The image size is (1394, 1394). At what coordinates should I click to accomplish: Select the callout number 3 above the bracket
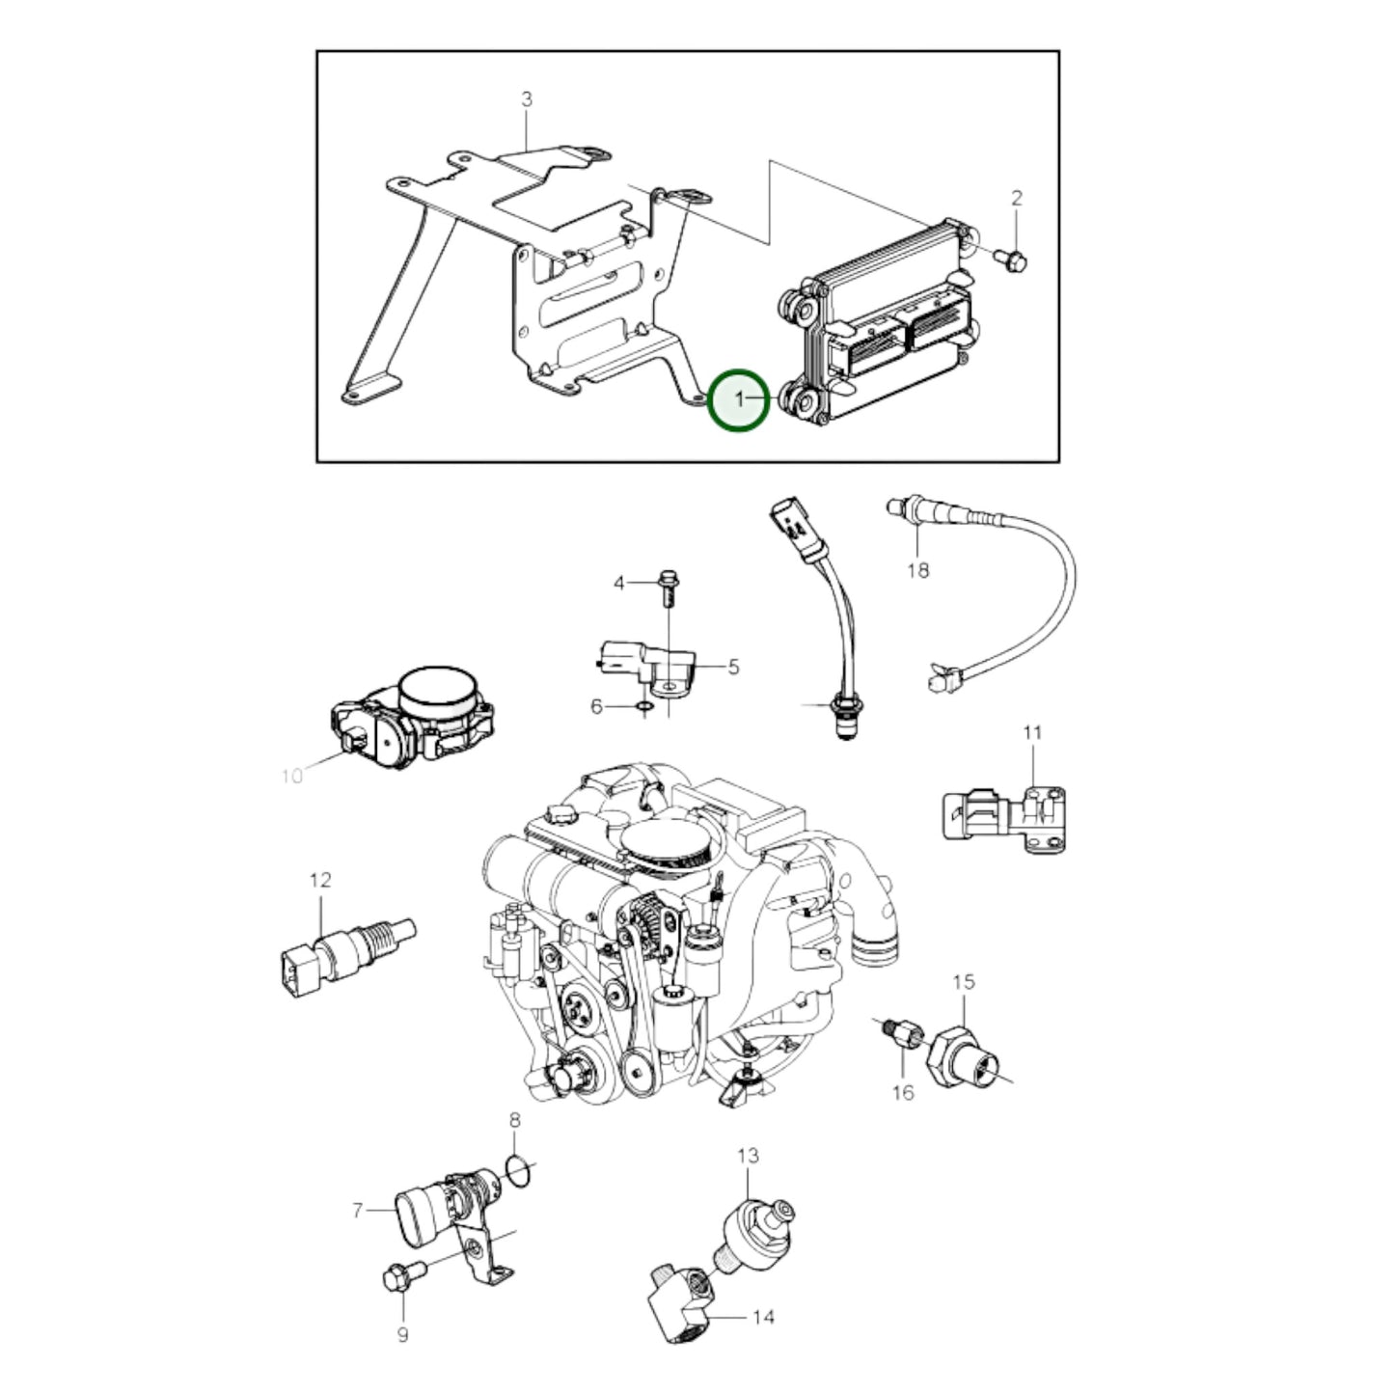[527, 98]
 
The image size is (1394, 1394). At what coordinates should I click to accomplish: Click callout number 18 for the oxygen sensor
[918, 570]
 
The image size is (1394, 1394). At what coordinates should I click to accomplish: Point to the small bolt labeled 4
[668, 589]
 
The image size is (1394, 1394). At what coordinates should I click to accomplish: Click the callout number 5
[733, 667]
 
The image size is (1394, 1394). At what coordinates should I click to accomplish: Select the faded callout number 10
[291, 777]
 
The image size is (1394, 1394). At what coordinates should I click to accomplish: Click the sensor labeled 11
[1004, 820]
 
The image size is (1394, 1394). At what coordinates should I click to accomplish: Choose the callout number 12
[320, 880]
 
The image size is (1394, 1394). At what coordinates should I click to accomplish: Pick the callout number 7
[357, 1210]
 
